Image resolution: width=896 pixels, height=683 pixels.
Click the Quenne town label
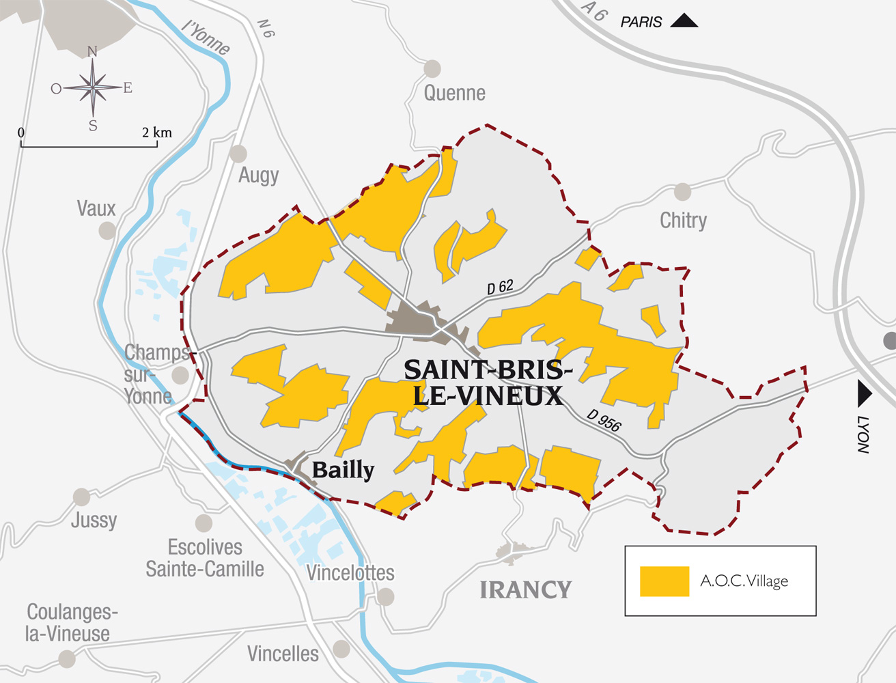[454, 93]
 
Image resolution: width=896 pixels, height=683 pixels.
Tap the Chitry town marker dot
[682, 192]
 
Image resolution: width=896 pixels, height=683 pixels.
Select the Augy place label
[258, 176]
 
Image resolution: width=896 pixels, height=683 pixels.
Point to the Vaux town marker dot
[107, 231]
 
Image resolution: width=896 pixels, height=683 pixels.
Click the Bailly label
[343, 470]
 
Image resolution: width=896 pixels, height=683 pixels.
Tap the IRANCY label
[525, 589]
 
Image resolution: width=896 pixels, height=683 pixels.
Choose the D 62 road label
[500, 288]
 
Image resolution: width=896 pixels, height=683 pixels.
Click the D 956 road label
[604, 421]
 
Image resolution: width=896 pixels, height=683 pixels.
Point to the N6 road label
[266, 29]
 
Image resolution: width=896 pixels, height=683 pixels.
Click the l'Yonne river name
[206, 37]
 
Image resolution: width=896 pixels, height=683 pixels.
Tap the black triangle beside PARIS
[684, 20]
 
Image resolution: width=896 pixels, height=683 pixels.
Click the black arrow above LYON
[864, 394]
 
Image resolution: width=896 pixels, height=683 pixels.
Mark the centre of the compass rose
[93, 87]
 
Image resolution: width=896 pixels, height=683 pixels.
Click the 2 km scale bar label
[156, 133]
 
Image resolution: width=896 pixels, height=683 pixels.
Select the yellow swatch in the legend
[664, 581]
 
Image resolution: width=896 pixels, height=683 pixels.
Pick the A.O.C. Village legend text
[744, 581]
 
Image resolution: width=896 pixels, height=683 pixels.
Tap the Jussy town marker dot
[82, 497]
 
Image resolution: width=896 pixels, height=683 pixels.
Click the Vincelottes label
[350, 573]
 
